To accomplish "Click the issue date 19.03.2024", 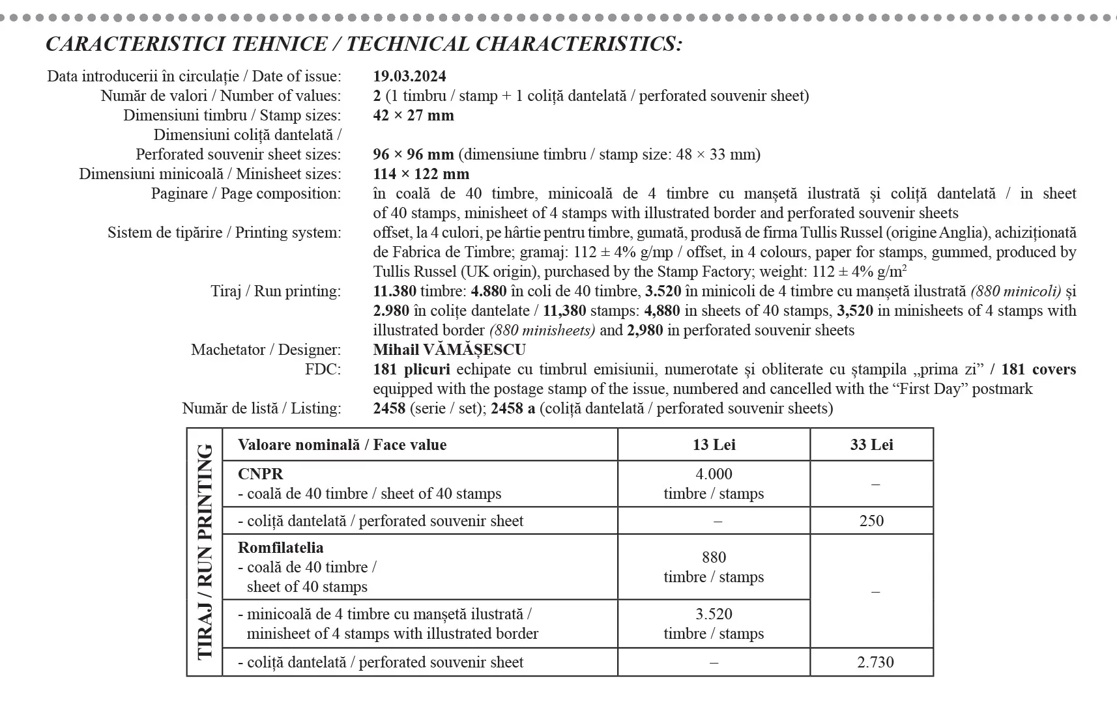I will coord(409,76).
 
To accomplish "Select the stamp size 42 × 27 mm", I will coord(413,115).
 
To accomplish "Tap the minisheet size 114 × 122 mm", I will coord(421,174).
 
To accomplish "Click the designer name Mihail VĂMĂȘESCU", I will coord(449,350).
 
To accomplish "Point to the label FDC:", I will coord(323,369).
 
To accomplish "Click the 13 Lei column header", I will coord(714,445).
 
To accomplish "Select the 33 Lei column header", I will coord(871,445).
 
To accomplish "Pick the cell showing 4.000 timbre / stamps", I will coord(714,483).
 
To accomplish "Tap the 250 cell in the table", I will coord(871,521).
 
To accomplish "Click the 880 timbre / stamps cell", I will coord(714,567).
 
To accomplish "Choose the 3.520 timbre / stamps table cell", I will coord(714,623).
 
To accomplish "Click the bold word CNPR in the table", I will coord(261,474).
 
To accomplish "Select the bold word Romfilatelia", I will coord(280,548).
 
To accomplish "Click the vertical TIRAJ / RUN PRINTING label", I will coord(205,551).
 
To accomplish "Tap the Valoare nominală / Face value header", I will coord(342,445).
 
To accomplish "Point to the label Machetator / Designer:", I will coord(266,350).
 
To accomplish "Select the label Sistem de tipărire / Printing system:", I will coord(224,232).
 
